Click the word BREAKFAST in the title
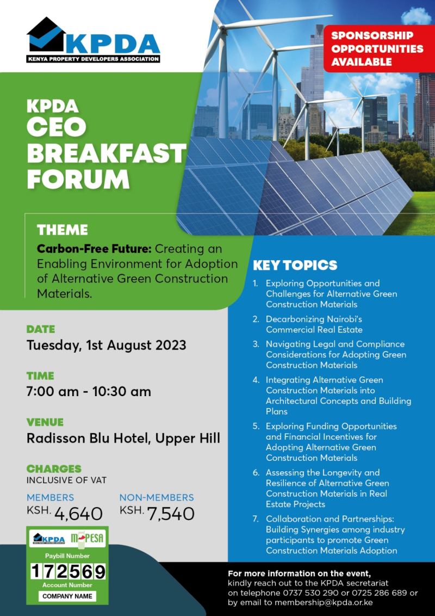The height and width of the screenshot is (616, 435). click(107, 153)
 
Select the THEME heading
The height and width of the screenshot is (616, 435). click(62, 230)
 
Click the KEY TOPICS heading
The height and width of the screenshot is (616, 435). click(295, 266)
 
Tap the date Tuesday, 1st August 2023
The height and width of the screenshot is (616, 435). click(107, 345)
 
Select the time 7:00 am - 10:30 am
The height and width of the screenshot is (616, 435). click(89, 391)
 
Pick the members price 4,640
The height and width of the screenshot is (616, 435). click(78, 513)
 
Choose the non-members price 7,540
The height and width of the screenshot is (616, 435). click(171, 513)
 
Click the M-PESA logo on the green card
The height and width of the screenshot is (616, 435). click(88, 538)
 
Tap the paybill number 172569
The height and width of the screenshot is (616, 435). click(68, 571)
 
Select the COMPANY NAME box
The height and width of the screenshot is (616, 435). click(68, 596)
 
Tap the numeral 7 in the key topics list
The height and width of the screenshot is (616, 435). click(256, 519)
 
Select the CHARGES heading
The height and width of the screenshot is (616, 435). click(54, 469)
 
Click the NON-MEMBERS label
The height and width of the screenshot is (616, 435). click(157, 497)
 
